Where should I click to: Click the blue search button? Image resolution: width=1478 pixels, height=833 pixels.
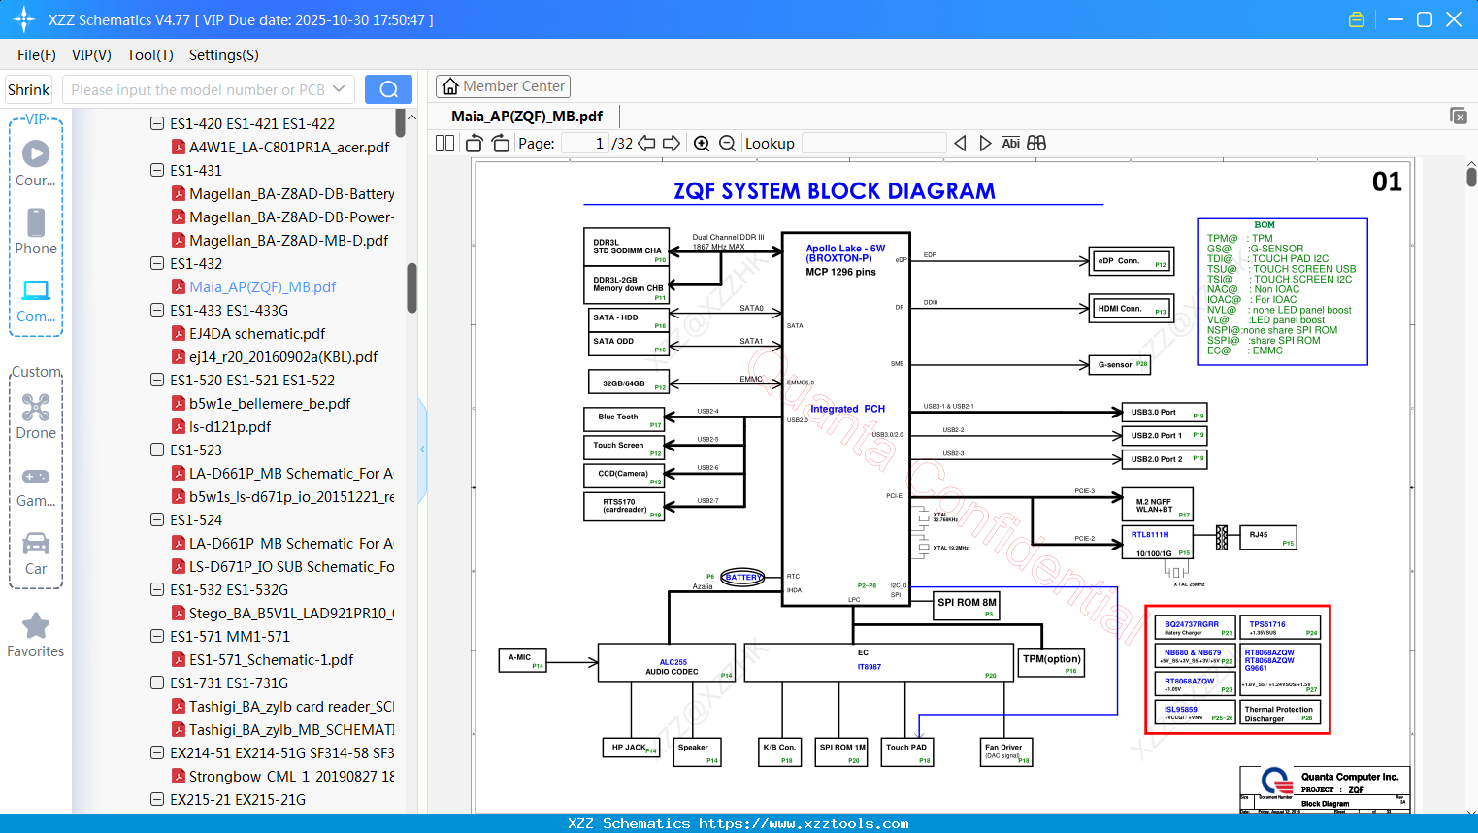388,89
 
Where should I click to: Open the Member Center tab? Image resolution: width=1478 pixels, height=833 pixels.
503,86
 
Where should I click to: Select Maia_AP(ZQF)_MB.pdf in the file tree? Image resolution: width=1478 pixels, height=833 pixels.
262,287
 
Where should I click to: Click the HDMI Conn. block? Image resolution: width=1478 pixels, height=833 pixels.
1132,309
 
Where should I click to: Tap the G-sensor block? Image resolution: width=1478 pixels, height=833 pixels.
1120,365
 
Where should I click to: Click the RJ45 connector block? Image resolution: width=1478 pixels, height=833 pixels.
1268,537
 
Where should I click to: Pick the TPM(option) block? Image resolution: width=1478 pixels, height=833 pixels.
1051,661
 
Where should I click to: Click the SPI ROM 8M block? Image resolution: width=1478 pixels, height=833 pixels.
967,605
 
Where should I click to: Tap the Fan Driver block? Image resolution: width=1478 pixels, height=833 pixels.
1006,751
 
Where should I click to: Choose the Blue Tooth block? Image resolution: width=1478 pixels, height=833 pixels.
624,419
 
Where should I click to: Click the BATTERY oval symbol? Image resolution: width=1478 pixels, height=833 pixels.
743,578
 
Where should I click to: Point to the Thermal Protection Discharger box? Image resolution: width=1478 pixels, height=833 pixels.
1280,714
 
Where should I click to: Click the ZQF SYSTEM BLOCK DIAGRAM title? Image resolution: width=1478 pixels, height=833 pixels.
835,191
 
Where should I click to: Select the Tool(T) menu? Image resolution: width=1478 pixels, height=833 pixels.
149,55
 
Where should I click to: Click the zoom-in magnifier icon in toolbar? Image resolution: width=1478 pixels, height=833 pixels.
702,144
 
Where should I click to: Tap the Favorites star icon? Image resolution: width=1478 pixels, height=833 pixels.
36,627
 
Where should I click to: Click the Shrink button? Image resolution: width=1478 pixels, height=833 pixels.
28,89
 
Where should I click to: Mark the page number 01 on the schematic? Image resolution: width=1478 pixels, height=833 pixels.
1387,183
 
